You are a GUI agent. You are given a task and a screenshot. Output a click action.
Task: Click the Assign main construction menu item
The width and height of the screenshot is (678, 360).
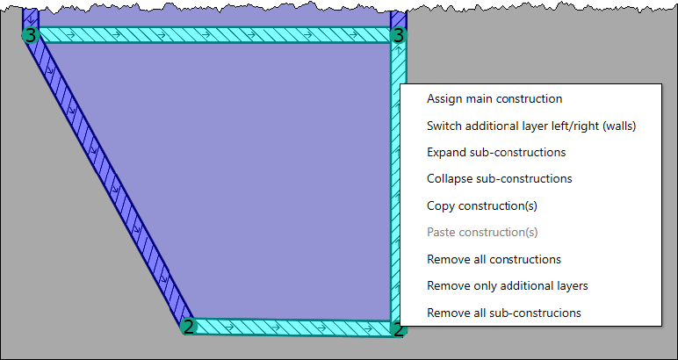point(494,99)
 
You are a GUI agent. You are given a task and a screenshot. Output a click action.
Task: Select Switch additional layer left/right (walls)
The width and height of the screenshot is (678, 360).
point(531,126)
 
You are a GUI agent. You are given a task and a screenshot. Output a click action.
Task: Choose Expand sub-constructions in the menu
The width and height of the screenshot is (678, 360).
point(496,153)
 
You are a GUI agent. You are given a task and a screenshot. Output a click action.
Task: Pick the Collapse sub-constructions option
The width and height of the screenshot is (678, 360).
point(500,179)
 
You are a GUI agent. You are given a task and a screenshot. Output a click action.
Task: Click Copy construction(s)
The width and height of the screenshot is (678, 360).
point(482,205)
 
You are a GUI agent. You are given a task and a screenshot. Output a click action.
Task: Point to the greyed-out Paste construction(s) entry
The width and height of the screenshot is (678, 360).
point(482,233)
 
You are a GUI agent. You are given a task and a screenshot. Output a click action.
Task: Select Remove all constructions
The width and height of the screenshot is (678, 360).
point(494,259)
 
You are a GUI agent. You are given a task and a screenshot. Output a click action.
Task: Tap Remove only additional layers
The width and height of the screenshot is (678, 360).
point(508,286)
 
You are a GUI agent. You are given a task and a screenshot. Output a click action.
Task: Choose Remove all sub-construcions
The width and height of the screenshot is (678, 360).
point(504,313)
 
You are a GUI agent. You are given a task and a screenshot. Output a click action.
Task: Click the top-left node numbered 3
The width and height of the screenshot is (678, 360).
point(30,35)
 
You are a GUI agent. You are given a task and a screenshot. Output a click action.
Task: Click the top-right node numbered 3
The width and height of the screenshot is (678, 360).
point(398,35)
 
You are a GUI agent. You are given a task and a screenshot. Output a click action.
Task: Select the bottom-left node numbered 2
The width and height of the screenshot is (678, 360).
point(188,327)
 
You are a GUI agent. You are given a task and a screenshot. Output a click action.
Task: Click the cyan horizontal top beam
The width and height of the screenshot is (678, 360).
point(214,35)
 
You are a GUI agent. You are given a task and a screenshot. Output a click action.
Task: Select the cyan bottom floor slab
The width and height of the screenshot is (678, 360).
point(292,328)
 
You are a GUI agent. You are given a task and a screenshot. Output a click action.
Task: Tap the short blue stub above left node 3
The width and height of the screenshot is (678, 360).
point(30,18)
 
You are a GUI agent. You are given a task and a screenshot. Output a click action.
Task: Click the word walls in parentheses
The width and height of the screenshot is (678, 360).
point(620,126)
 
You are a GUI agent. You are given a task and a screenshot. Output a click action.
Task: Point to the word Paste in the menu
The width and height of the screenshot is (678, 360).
point(441,233)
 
